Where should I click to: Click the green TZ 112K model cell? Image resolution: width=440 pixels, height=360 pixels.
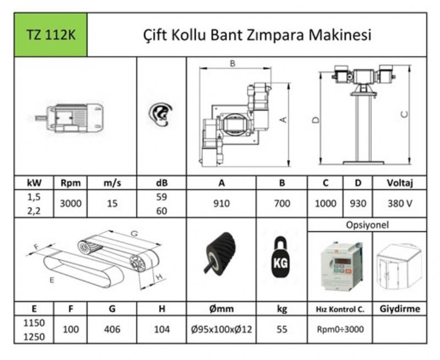tap(51, 35)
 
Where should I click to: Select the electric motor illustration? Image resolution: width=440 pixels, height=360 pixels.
tap(69, 118)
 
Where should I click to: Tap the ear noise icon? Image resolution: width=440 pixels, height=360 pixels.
tap(161, 114)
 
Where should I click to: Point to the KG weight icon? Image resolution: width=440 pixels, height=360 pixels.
tap(280, 258)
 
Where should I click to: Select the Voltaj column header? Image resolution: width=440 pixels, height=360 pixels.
tap(400, 183)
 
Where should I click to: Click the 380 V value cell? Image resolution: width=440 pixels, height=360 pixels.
tap(400, 203)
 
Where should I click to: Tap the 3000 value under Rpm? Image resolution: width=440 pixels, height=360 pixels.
tap(70, 203)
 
